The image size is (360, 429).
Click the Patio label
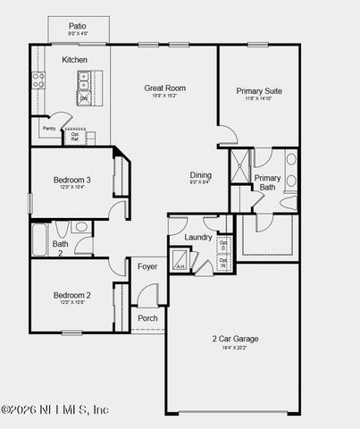79,27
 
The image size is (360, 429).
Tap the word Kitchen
75,60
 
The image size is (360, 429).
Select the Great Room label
165,88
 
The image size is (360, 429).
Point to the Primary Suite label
260,91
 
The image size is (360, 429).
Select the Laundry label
197,237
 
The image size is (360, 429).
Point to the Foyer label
147,265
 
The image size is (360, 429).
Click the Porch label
147,318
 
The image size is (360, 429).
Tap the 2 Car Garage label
235,339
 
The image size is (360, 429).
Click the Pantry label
49,129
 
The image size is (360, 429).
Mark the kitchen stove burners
38,81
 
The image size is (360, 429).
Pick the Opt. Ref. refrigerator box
76,136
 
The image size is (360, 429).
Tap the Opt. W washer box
223,263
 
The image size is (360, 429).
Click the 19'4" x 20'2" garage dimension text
235,349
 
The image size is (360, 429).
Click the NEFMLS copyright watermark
55,409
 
